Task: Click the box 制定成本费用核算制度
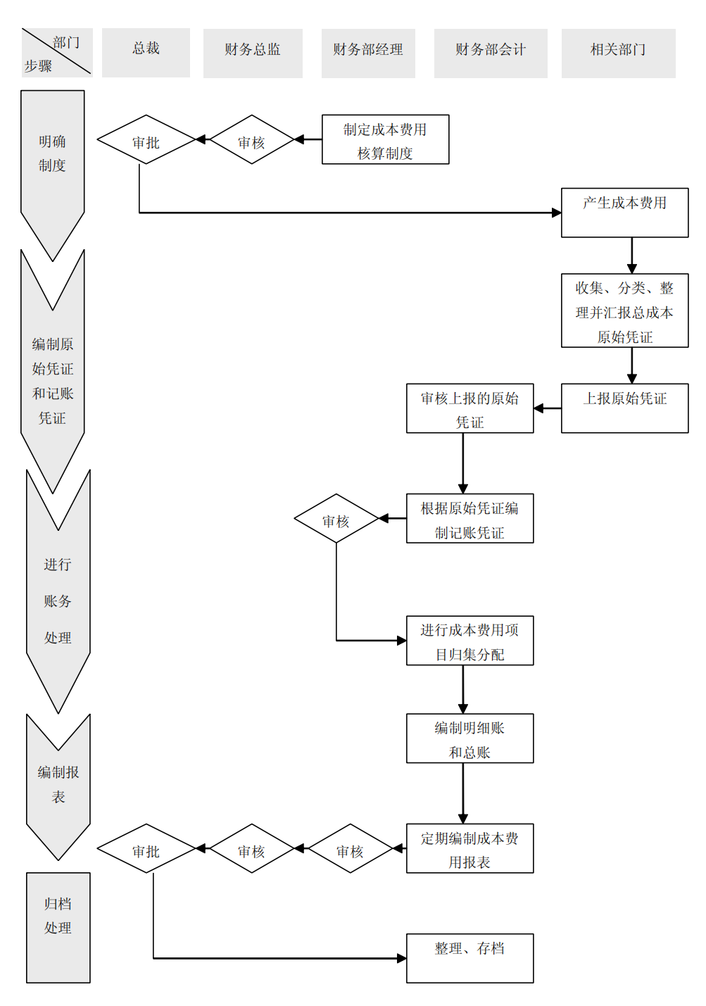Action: pos(385,139)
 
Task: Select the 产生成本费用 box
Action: pos(624,212)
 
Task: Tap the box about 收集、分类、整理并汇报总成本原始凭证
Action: pos(624,310)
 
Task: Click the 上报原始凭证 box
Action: pos(624,408)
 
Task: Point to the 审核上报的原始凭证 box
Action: pos(469,408)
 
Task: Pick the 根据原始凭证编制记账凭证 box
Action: pos(469,518)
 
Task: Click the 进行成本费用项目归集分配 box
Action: pos(469,641)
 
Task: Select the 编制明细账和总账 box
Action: pos(469,738)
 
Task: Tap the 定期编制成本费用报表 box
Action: pos(469,848)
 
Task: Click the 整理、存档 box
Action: pos(469,957)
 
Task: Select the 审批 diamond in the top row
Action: pos(146,139)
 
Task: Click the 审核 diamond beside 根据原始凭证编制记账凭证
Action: pos(336,518)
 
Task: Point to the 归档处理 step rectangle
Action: pos(58,927)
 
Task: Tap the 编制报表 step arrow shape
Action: pos(58,788)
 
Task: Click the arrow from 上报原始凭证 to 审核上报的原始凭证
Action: pos(548,408)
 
